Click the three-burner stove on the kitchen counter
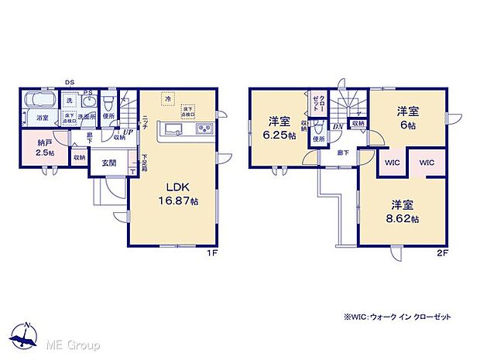tap(204, 129)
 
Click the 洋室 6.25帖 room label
tap(279, 127)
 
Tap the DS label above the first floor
tap(70, 81)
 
